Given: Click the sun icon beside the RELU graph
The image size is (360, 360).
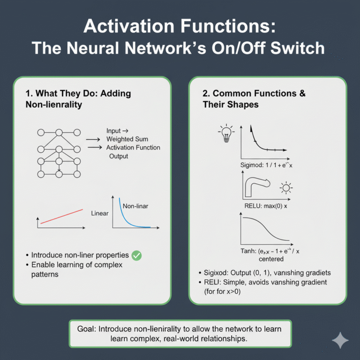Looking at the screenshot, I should pos(285,189).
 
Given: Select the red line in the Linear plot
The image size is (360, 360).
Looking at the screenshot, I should pos(61,216).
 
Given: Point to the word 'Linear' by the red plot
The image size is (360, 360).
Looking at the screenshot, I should pos(99,213).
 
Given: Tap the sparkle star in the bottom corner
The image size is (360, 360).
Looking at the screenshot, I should pos(340,341).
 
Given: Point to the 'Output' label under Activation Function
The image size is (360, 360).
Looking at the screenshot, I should pos(119,156).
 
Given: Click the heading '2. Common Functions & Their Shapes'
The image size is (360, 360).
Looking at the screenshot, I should pos(254,99).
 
